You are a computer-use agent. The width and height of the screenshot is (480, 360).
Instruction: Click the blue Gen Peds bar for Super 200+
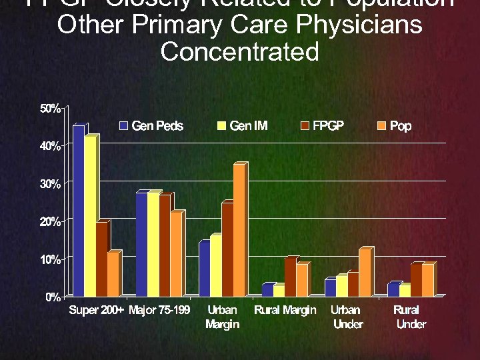click(x=79, y=210)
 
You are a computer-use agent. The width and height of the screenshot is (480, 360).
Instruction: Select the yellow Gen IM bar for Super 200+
click(x=90, y=215)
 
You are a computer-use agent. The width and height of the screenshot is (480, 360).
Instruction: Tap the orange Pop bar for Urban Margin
click(x=239, y=230)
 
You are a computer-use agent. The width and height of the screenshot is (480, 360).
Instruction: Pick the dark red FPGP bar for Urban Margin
click(x=227, y=249)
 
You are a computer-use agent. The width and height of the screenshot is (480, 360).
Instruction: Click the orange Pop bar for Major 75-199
click(x=175, y=253)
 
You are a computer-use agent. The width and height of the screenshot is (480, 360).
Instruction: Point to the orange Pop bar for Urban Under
click(x=364, y=272)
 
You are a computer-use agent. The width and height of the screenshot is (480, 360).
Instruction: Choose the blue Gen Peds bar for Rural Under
click(x=393, y=289)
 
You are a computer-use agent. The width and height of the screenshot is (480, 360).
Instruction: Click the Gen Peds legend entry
click(x=151, y=126)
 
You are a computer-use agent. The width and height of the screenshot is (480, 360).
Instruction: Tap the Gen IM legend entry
click(x=242, y=126)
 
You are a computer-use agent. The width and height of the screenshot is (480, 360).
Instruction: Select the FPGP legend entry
click(x=322, y=126)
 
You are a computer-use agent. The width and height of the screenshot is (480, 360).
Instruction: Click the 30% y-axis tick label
click(x=49, y=183)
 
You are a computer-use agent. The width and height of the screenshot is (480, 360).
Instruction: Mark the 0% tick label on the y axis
click(x=52, y=297)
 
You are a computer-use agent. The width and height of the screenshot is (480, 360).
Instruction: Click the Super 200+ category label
click(x=97, y=311)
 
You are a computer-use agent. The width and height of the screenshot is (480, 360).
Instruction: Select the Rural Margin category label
click(x=285, y=311)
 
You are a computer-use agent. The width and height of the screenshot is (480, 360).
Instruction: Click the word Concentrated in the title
click(x=240, y=51)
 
